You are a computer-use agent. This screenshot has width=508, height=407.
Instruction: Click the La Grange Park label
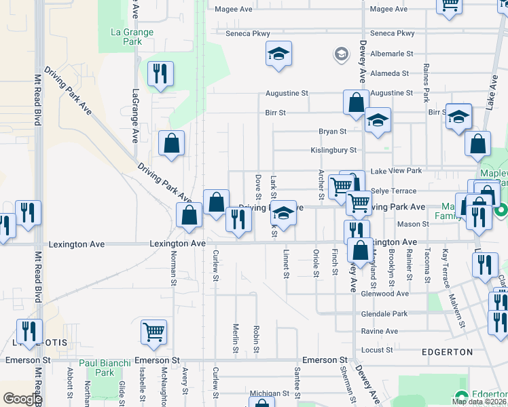pyautogui.click(x=132, y=37)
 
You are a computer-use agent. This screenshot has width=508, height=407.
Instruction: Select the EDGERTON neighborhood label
pyautogui.click(x=447, y=352)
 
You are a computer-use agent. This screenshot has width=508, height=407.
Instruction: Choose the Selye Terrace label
pyautogui.click(x=393, y=191)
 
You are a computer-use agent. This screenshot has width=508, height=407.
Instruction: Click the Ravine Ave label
pyautogui.click(x=380, y=331)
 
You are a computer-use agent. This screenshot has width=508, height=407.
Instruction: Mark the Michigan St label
pyautogui.click(x=270, y=393)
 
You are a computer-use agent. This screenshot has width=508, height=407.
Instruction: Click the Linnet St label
pyautogui.click(x=286, y=265)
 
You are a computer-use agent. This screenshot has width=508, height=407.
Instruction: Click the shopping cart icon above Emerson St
pyautogui.click(x=154, y=332)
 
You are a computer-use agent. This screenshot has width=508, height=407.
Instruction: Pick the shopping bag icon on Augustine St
pyautogui.click(x=356, y=103)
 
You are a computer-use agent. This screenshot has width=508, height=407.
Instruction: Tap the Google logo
pyautogui.click(x=22, y=399)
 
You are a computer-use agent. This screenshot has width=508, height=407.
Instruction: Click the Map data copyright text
pyautogui.click(x=479, y=402)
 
